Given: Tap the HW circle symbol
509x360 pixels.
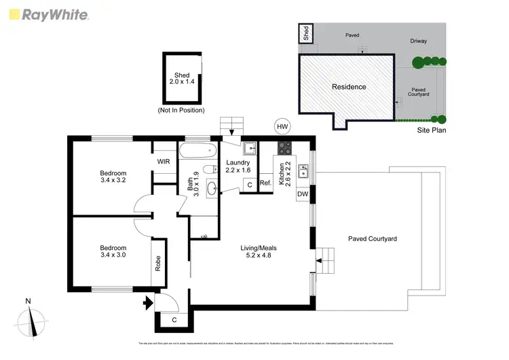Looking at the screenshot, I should point(282,126).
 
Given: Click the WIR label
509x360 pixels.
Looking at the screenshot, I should point(164,162).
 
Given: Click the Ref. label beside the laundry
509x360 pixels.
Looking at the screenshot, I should point(265,184).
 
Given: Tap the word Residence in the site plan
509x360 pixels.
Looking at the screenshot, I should point(349,87).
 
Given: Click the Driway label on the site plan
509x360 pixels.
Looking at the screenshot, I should point(418,41).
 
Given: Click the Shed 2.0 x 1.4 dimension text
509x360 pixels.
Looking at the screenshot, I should point(182,78).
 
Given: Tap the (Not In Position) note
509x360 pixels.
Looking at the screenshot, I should point(181,110).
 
